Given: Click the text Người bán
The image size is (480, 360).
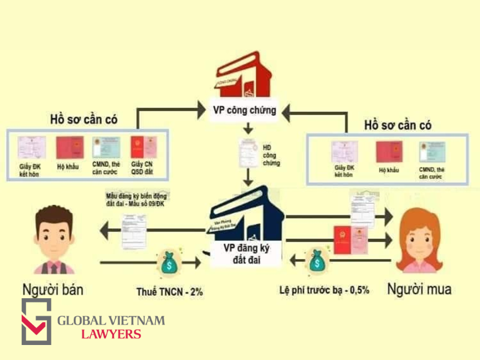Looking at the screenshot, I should [52, 290].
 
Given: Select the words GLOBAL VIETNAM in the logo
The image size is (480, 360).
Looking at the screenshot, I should [110, 321].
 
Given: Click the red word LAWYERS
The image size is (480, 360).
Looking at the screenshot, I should [110, 334].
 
